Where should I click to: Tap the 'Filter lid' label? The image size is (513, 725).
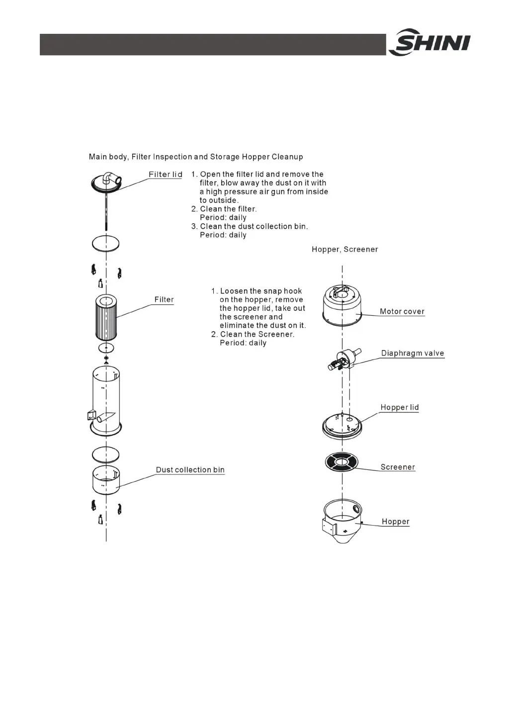click(166, 175)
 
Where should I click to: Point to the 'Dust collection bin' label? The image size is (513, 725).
click(190, 470)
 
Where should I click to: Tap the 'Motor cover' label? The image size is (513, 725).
click(402, 312)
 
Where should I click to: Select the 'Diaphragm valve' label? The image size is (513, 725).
click(413, 354)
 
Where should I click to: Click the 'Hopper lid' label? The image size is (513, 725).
click(399, 408)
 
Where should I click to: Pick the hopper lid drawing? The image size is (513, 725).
click(342, 426)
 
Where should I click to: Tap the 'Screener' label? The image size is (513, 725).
click(398, 467)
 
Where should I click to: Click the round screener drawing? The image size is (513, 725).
click(342, 462)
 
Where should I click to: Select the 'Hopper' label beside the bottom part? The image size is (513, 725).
click(395, 522)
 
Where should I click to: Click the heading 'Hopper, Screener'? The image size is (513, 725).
click(344, 250)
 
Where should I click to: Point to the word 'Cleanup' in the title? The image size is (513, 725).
click(287, 157)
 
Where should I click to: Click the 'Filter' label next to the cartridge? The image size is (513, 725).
click(164, 300)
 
